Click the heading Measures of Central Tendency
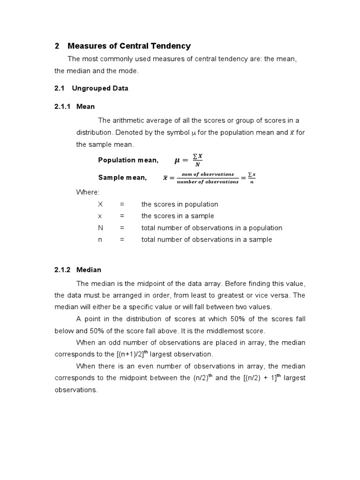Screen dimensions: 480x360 (129, 46)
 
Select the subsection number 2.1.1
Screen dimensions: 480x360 (62, 106)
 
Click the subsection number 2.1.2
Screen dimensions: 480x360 (62, 270)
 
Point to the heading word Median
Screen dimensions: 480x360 (89, 270)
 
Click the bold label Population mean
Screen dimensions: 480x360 (128, 160)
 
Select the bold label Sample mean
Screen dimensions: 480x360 (122, 177)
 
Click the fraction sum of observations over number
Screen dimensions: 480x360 (207, 178)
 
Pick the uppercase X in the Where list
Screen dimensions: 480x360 (100, 204)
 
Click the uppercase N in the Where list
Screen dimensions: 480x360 (100, 228)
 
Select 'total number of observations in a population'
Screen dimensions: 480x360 (211, 228)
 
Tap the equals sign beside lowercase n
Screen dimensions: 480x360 (121, 240)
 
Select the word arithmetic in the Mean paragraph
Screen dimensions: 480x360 (127, 120)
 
